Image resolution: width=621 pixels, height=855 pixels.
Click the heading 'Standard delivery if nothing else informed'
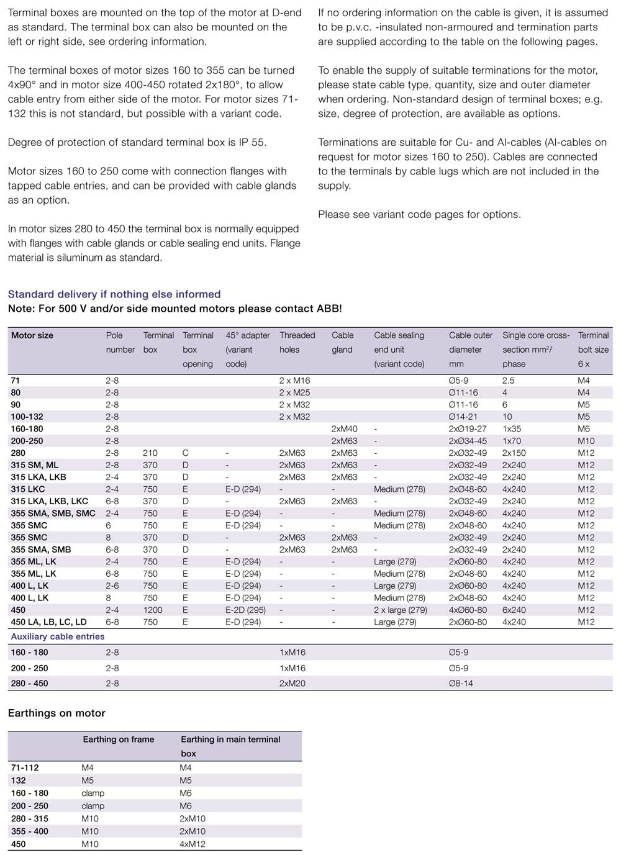click(114, 294)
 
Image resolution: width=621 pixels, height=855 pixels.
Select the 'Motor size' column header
click(32, 335)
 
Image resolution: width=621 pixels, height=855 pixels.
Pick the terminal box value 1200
click(153, 610)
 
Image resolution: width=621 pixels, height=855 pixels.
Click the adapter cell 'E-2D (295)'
click(245, 610)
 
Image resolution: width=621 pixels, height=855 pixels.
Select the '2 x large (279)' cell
click(401, 610)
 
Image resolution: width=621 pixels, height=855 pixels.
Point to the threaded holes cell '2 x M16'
click(294, 381)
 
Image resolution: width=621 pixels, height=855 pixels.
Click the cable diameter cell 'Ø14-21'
click(463, 417)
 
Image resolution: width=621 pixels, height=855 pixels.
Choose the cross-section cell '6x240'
click(514, 610)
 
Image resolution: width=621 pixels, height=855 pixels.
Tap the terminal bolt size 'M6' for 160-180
click(584, 429)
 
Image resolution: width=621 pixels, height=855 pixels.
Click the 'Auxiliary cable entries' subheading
click(58, 636)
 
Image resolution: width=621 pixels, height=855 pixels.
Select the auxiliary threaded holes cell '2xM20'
click(292, 684)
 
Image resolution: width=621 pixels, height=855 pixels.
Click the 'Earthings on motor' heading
click(57, 713)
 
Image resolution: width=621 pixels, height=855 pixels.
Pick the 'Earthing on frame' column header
click(119, 740)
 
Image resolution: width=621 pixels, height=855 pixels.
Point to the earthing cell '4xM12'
click(193, 844)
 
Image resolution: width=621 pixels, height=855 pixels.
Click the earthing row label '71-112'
click(25, 768)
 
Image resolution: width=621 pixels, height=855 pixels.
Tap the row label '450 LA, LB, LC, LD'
click(49, 622)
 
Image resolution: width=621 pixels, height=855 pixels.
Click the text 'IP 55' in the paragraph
click(252, 143)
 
